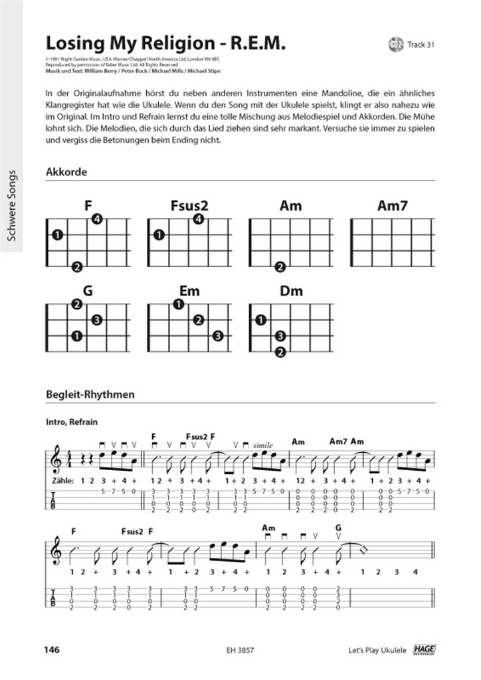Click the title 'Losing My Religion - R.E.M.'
click(165, 43)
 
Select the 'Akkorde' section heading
click(66, 172)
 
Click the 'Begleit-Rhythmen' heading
click(90, 394)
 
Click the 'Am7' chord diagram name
click(392, 206)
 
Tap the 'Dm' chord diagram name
click(291, 291)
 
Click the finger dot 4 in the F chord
click(97, 220)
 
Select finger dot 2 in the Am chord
click(280, 267)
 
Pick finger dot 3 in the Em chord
click(217, 336)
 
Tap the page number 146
click(52, 649)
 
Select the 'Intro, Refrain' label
click(72, 422)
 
